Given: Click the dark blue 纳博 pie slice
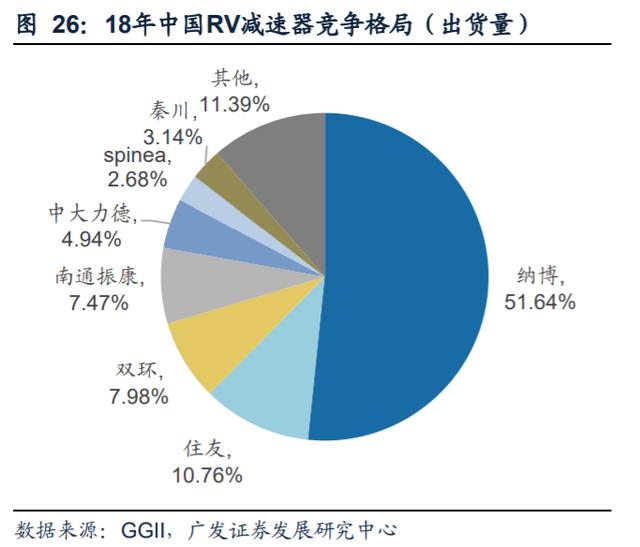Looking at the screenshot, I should point(400,280).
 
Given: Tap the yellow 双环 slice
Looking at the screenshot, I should point(205,350).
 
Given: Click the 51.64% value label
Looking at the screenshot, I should point(539,301).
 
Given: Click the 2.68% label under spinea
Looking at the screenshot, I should point(138,179).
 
